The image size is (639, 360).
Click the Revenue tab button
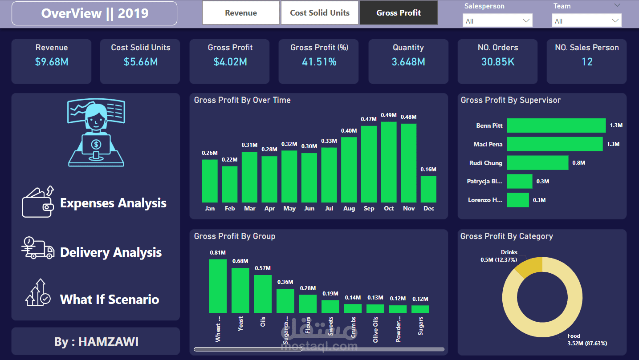coord(241,13)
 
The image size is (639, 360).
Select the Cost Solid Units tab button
coord(319,13)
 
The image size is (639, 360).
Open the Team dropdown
coord(586,21)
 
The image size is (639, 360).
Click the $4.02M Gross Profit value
coord(230,62)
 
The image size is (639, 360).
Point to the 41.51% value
coord(319,62)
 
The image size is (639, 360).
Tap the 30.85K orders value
coord(497,62)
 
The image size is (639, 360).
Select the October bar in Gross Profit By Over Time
coord(389,162)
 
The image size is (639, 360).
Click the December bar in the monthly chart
coord(428,189)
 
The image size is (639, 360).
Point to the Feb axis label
coord(230,208)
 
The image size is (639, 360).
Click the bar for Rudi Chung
coord(537,163)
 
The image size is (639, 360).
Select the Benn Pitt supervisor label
coord(489,125)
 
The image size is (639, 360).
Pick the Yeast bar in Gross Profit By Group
coord(240,290)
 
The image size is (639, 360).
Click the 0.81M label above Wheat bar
coord(218,253)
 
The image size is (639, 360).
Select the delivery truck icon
coord(38,248)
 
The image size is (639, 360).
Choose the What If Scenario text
coord(110,299)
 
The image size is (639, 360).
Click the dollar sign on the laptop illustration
coord(96,144)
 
